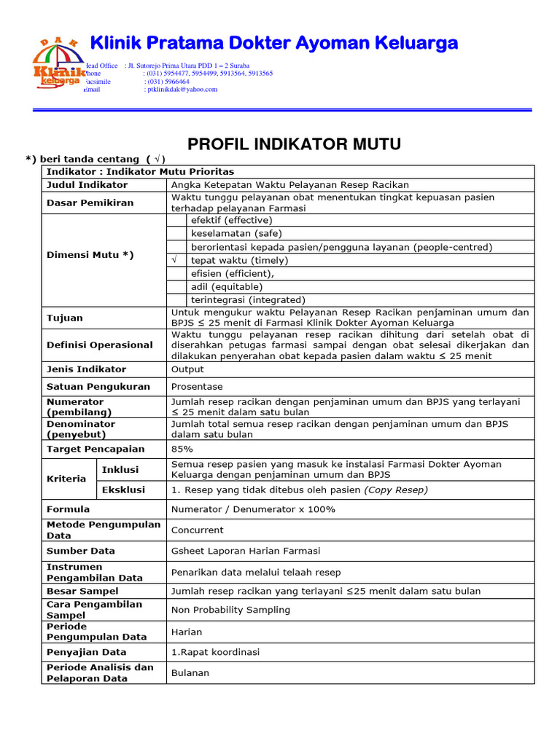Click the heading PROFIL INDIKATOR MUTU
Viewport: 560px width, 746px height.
click(x=295, y=144)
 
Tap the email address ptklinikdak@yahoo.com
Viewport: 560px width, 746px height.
click(x=182, y=90)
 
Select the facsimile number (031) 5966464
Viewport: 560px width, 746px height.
click(x=168, y=82)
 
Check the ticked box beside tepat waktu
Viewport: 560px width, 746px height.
click(x=176, y=260)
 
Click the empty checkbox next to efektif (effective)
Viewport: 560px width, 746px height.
click(x=176, y=220)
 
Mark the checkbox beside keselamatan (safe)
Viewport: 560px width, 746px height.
click(x=176, y=234)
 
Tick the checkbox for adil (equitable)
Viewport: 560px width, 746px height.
click(x=176, y=286)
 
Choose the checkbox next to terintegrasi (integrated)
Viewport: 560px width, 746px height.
click(x=176, y=299)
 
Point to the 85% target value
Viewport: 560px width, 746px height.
click(x=182, y=449)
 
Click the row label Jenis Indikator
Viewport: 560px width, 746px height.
click(x=86, y=369)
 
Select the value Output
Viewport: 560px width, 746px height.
click(x=187, y=369)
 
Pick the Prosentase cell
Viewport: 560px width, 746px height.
click(x=197, y=387)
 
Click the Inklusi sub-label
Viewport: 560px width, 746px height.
click(x=120, y=469)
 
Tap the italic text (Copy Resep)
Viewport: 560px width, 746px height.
click(x=396, y=490)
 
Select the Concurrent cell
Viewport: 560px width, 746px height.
click(x=197, y=530)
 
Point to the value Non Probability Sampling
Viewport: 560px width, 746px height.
click(x=230, y=610)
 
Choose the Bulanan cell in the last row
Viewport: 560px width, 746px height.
click(x=190, y=672)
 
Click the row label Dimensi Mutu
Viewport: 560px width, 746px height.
click(x=90, y=254)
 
